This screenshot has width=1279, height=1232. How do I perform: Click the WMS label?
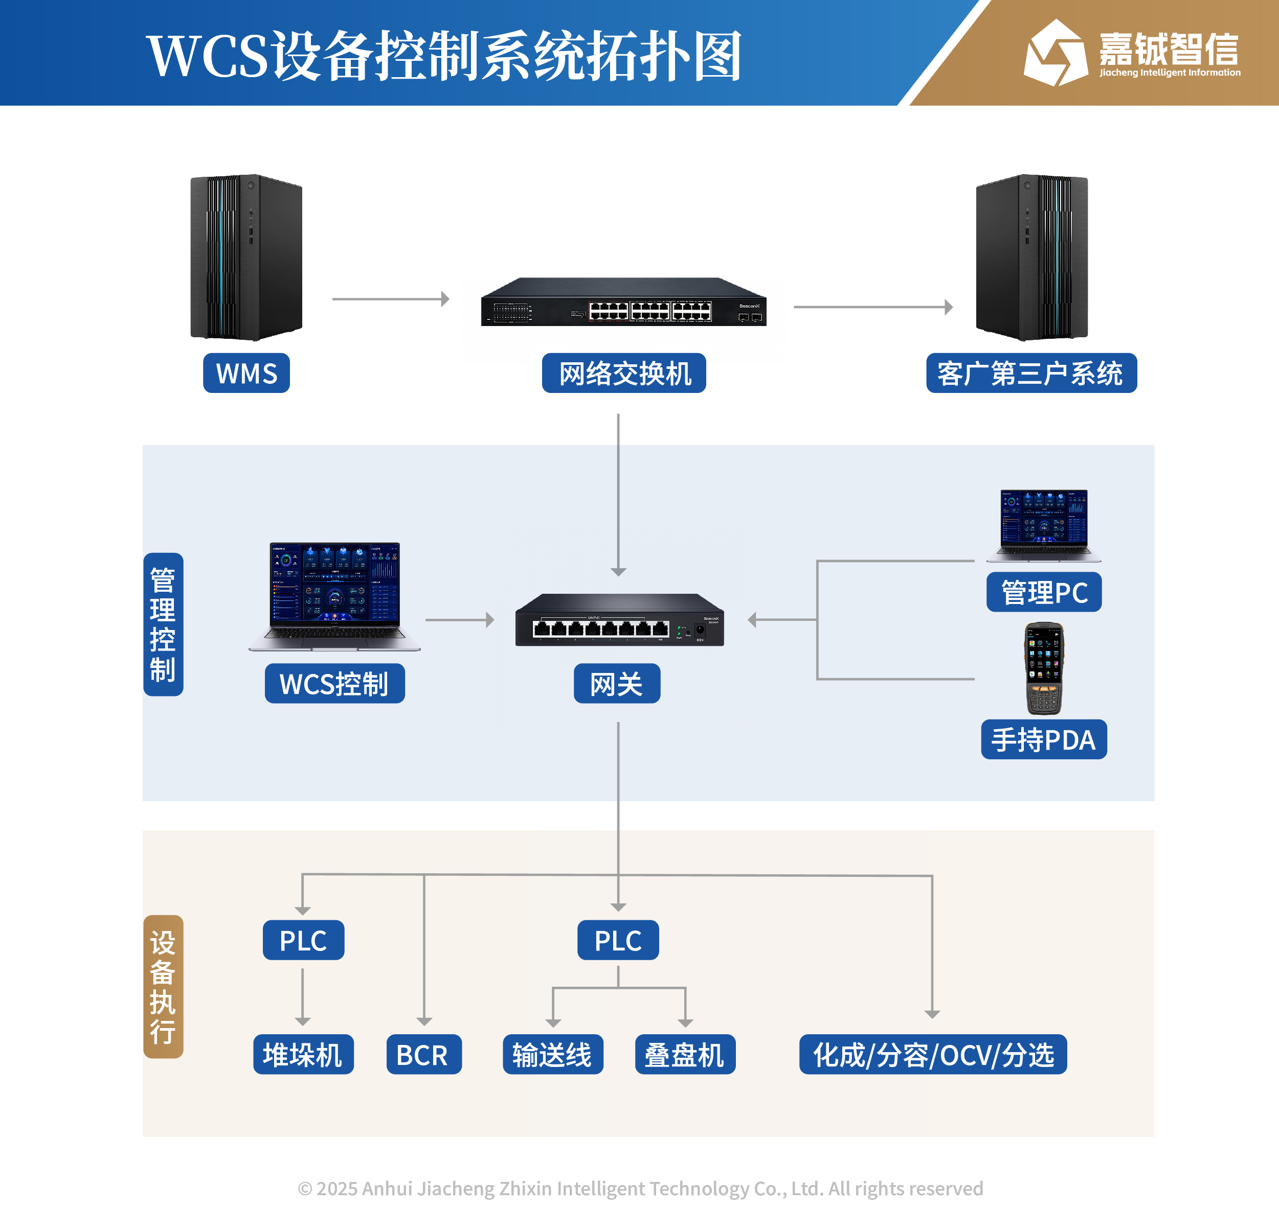246,373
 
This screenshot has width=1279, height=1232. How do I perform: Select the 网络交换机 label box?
623,373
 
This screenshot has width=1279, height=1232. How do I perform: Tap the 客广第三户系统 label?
1030,373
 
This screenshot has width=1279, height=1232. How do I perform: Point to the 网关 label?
616,684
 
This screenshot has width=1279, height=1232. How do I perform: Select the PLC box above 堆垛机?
303,940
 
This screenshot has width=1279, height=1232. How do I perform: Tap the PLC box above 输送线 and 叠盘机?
617,940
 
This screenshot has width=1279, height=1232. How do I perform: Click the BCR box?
423,1054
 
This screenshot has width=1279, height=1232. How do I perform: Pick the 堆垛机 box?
303,1054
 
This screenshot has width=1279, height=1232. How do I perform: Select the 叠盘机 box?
685,1054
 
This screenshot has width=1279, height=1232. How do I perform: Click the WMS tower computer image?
246,257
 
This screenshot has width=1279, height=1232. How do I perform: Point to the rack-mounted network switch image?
623,303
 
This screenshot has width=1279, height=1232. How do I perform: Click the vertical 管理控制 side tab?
163,624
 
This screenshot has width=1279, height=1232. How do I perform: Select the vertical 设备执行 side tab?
163,986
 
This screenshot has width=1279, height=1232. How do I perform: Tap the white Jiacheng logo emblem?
1054,54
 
